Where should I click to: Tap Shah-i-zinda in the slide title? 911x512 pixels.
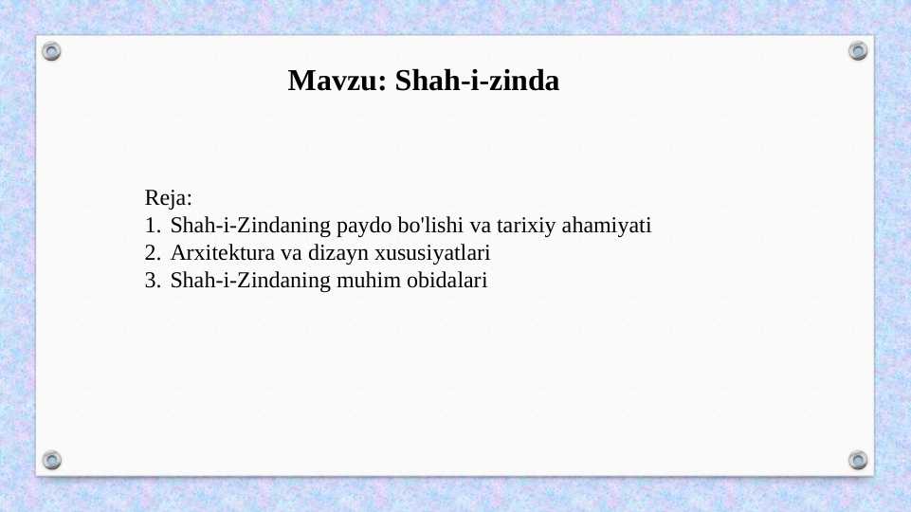tap(477, 82)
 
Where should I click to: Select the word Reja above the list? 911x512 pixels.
tap(168, 199)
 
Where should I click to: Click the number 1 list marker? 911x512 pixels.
tap(152, 227)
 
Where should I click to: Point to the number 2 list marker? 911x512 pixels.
tap(152, 254)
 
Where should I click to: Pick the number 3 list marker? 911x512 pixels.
tap(152, 281)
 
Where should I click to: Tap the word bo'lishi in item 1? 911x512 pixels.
tap(423, 227)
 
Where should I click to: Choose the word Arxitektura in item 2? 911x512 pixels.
tap(216, 254)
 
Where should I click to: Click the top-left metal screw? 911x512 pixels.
tap(52, 51)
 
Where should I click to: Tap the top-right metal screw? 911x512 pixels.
tap(858, 50)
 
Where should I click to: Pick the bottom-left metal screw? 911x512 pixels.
tap(52, 460)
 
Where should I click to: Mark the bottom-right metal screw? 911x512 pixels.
tap(858, 460)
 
